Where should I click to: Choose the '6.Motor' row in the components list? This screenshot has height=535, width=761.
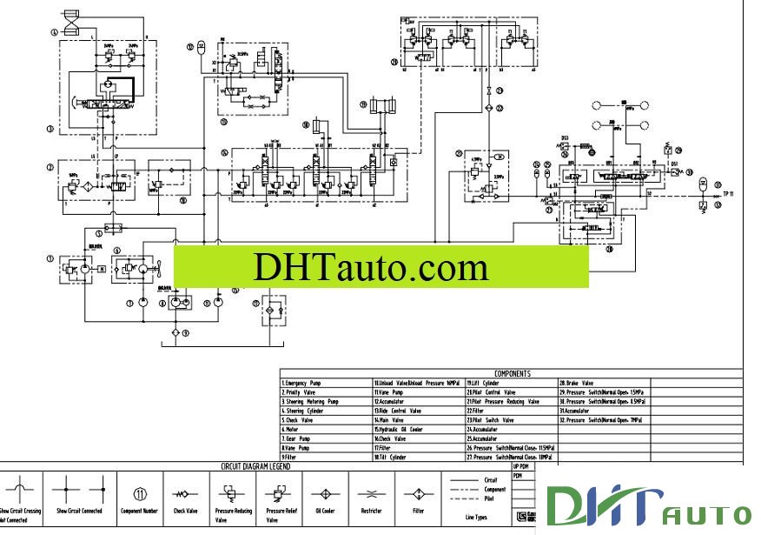[x=291, y=429]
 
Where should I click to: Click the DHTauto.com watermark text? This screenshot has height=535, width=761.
[x=370, y=267]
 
